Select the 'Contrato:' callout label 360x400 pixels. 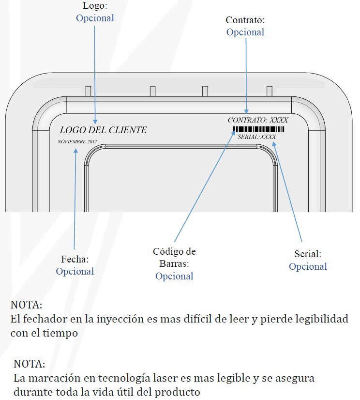click(245, 20)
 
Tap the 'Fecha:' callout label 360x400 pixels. click(75, 259)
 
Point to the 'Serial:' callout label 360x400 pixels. click(308, 253)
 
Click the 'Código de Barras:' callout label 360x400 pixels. click(174, 258)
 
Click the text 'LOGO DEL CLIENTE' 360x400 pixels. click(103, 130)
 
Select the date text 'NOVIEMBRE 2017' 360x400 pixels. click(77, 141)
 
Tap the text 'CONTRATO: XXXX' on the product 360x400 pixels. click(257, 120)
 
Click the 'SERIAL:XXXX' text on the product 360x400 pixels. click(256, 137)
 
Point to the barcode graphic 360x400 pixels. click(258, 129)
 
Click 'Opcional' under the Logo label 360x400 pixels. click(95, 18)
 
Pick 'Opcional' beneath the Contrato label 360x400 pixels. click(245, 32)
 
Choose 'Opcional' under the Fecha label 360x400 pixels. click(75, 271)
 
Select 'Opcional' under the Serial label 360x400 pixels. click(308, 266)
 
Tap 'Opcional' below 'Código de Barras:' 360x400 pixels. click(174, 276)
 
